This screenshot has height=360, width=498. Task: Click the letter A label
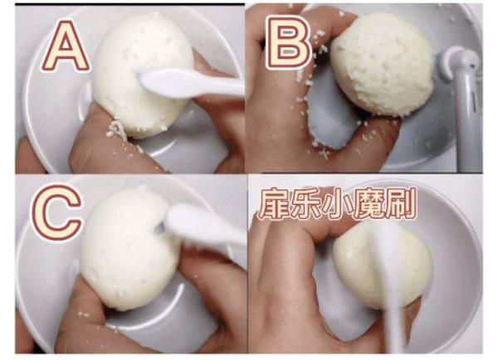click(65, 46)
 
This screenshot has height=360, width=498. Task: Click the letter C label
click(56, 213)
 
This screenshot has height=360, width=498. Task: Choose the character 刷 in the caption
click(400, 204)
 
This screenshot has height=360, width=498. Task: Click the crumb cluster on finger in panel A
click(115, 129)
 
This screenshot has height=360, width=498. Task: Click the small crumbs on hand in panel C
click(83, 314)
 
